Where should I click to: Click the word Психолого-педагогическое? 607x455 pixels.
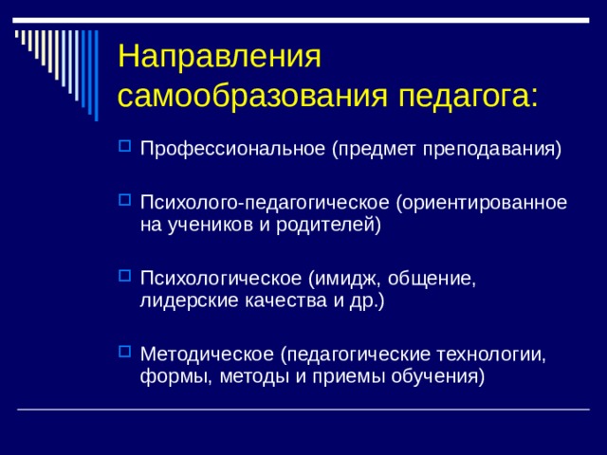(x=265, y=203)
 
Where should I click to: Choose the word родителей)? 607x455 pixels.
(x=334, y=226)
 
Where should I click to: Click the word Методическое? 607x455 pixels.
(x=206, y=355)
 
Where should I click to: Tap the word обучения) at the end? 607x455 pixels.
(x=441, y=377)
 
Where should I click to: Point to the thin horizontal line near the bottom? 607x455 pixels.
(x=303, y=409)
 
